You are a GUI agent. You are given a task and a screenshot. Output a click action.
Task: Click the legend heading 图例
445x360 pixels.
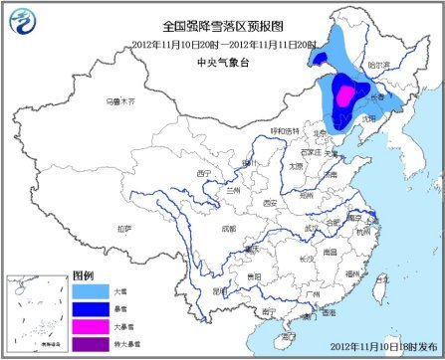[83, 274]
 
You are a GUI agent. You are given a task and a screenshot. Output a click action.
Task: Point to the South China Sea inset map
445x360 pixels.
[36, 313]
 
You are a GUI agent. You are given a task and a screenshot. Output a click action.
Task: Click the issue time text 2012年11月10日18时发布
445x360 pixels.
[383, 347]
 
